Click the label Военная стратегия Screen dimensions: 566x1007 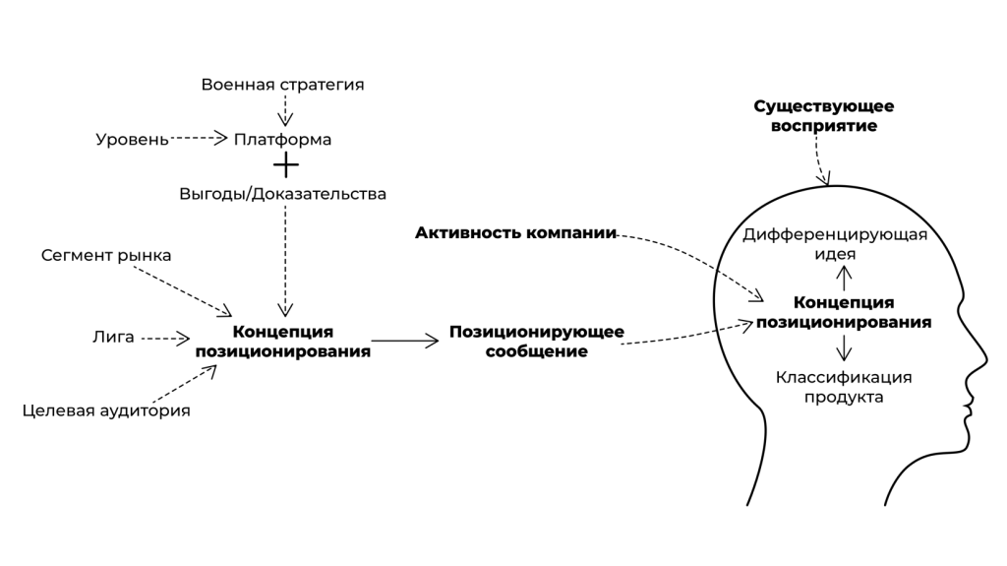[282, 85]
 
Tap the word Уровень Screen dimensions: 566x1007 [132, 140]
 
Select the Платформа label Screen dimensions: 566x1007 [282, 140]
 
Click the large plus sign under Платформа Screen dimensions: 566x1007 [285, 165]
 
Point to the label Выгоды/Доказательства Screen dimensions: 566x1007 [282, 193]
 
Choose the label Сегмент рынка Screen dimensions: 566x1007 [106, 256]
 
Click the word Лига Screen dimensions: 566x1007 [113, 338]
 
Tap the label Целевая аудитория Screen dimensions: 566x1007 [106, 410]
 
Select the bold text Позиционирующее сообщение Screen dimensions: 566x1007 [536, 341]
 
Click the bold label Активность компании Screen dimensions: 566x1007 [515, 233]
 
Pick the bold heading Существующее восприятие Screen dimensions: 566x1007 [824, 116]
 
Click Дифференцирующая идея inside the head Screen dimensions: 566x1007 [835, 243]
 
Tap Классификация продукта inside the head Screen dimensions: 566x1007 [843, 387]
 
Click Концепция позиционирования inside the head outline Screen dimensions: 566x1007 [843, 312]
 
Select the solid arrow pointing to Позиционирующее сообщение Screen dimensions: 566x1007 [404, 341]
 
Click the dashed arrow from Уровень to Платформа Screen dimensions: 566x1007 [200, 140]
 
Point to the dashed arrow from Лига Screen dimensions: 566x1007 [164, 339]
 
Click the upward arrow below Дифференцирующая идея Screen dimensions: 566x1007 [843, 278]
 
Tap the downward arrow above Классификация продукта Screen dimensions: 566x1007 [843, 347]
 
